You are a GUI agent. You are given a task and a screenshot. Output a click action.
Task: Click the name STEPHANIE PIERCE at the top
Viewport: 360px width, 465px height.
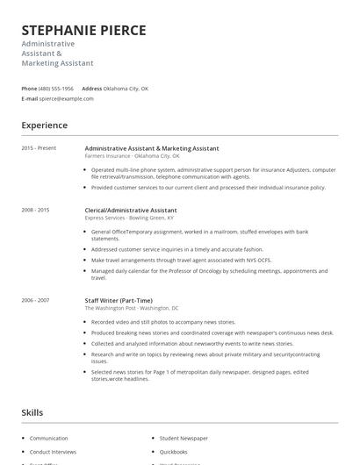coord(83,31)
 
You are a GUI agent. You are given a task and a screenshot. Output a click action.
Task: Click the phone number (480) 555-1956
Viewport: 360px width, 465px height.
coord(57,89)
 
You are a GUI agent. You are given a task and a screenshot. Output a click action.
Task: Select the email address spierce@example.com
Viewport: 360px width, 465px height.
coord(67,98)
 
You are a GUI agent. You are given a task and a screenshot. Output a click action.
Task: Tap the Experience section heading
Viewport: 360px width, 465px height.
coord(45,125)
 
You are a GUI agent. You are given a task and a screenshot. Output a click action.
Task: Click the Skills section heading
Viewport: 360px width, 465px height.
coord(32,412)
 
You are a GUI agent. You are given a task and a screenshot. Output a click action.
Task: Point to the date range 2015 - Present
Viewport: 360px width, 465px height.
coord(39,148)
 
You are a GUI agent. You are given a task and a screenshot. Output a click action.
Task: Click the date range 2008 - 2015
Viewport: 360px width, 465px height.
coord(35,211)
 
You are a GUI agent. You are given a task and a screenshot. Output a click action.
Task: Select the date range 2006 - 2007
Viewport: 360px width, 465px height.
coord(35,300)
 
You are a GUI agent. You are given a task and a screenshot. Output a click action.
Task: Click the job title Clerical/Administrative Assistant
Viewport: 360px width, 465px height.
coord(131,211)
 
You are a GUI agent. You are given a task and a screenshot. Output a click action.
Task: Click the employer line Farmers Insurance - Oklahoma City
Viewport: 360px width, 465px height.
coord(132,156)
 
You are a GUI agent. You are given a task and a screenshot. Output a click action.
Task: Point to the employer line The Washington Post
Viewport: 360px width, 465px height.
coord(132,308)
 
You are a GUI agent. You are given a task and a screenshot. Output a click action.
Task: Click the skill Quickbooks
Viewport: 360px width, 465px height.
coord(175,451)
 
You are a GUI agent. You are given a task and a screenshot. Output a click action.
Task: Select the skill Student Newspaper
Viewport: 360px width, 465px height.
coord(184,438)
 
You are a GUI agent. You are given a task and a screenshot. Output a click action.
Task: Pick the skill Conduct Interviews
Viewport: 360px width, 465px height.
coord(53,451)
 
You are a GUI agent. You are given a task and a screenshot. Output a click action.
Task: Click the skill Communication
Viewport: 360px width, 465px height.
coord(48,438)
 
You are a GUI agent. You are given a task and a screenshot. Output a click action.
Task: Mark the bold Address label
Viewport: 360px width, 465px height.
coord(91,89)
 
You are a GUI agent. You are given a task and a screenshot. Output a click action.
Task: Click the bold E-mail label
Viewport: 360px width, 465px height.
coord(30,98)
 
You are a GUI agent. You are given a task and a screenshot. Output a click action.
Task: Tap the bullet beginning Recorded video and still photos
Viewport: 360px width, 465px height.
coord(163,322)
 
